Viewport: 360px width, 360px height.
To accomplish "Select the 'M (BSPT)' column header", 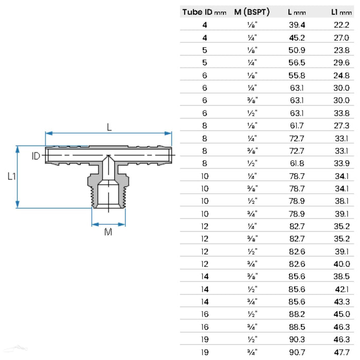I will pos(252,11).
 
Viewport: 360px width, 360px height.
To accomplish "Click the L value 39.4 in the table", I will pos(298,25).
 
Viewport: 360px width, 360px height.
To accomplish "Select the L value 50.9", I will pos(298,50).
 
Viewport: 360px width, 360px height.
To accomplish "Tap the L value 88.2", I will pos(298,313).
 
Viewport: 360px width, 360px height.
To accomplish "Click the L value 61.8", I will pos(298,165).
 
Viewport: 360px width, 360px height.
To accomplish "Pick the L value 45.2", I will pos(298,38).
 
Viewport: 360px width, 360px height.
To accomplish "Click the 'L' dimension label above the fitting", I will pos(109,127).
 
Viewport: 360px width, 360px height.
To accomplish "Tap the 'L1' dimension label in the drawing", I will pos(11,176).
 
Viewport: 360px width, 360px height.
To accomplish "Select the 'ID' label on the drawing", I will pos(35,156).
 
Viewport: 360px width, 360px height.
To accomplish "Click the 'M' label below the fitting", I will pos(109,232).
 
